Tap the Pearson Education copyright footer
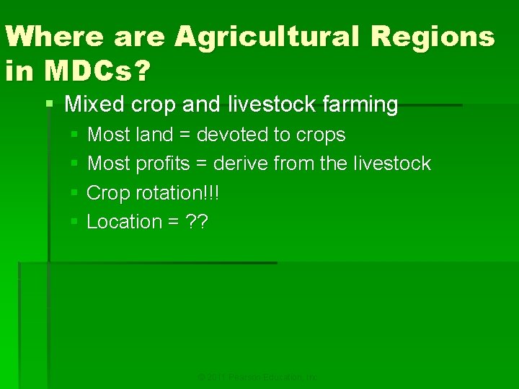pos(258,377)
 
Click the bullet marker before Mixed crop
pos(49,104)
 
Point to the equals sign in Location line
pos(173,223)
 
